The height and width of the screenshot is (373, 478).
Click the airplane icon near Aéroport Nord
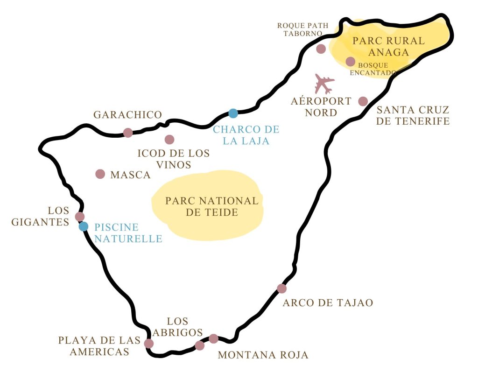tap(324, 84)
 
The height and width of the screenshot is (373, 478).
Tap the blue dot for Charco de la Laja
tap(233, 113)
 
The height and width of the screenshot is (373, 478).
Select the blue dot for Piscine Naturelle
tap(84, 226)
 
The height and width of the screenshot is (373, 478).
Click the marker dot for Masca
tap(100, 174)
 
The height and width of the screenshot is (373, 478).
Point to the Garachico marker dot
tap(128, 133)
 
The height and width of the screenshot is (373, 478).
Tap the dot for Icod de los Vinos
tap(169, 139)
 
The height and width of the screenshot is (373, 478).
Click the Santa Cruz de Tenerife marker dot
tap(363, 101)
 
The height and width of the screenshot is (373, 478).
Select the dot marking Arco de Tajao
tap(281, 289)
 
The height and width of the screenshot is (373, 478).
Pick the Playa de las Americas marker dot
tap(149, 344)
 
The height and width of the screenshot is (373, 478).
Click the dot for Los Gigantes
tap(80, 217)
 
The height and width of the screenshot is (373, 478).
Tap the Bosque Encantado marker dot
tap(351, 61)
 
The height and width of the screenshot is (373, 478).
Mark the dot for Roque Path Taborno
tap(321, 49)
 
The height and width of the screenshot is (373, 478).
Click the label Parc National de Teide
tap(211, 206)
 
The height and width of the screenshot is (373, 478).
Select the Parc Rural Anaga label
tap(388, 46)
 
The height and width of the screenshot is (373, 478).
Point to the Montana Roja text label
tap(263, 355)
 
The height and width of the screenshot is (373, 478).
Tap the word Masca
tap(130, 175)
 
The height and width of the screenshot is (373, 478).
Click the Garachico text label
tap(127, 115)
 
